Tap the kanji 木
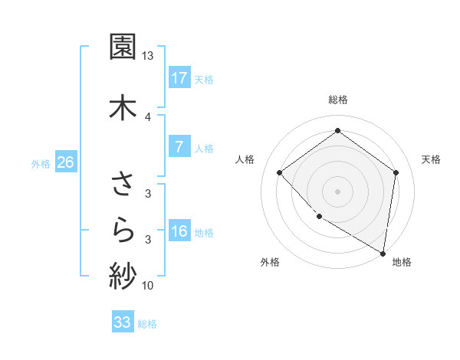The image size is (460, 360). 123,106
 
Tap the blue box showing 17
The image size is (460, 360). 179,78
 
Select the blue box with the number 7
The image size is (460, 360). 179,148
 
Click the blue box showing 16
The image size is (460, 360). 179,231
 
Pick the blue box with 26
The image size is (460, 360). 66,162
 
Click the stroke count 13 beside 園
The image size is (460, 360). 148,56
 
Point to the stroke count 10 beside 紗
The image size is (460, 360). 148,286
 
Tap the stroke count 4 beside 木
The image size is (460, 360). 148,116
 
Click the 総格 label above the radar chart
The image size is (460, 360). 338,100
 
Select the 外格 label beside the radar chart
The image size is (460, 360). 270,262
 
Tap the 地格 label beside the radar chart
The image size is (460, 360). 402,262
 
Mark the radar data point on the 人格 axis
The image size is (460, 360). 280,173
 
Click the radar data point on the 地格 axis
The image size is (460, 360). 383,253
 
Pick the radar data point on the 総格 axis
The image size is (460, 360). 337,131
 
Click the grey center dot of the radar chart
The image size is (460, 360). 337,191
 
